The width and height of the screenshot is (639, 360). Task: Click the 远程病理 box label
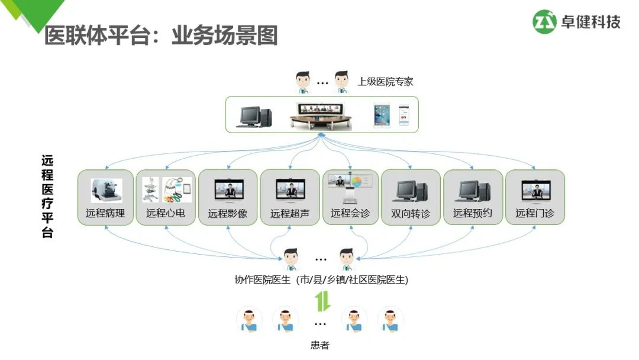pos(105,213)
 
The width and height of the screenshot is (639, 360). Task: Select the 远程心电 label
pos(166,213)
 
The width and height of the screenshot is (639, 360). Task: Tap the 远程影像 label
pos(228,213)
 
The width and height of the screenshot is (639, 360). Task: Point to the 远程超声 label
pos(290,213)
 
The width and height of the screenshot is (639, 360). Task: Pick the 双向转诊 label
pos(411,213)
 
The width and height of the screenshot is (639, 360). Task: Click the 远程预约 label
pos(473,213)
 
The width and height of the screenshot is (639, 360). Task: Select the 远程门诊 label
pos(535,213)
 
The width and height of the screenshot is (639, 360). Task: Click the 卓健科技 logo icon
pos(545,22)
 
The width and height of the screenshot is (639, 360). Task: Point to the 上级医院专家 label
pos(385,81)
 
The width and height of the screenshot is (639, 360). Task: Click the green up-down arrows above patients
pos(322,301)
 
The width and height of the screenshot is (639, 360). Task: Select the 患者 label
pos(320,345)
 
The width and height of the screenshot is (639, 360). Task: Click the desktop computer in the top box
pos(254,116)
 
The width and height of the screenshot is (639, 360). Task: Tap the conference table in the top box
pos(322,116)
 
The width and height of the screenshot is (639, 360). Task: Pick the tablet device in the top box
pos(382,115)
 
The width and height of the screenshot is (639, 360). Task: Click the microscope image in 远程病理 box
pos(106,190)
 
